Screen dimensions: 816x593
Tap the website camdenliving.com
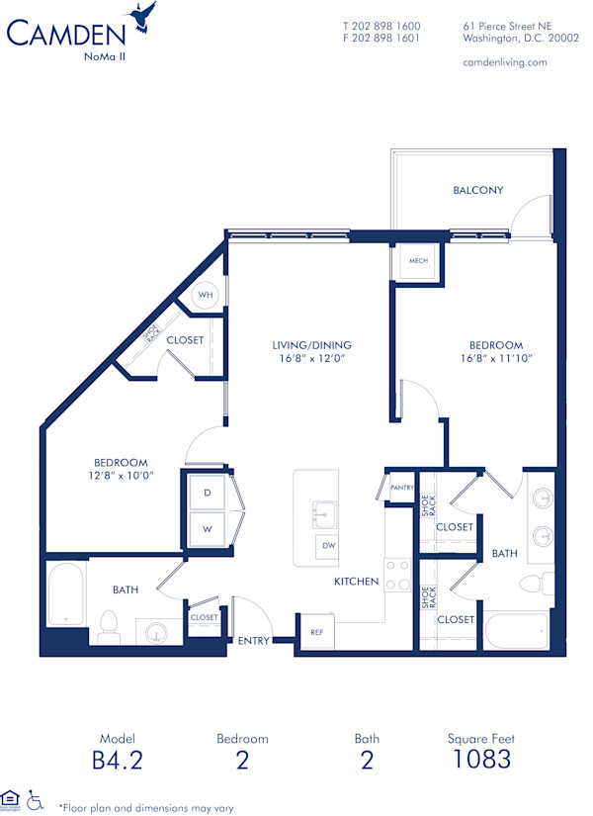pyautogui.click(x=504, y=61)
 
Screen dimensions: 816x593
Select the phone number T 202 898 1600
pyautogui.click(x=381, y=26)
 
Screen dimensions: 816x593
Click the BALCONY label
pyautogui.click(x=478, y=190)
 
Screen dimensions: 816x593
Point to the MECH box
pyautogui.click(x=411, y=264)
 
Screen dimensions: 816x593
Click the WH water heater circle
pyautogui.click(x=206, y=295)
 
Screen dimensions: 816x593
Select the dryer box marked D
pyautogui.click(x=208, y=492)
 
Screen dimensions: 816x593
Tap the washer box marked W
pyautogui.click(x=208, y=529)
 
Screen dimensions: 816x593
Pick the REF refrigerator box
pyautogui.click(x=316, y=631)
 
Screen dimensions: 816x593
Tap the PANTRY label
pyautogui.click(x=401, y=488)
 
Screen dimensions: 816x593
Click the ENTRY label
pyautogui.click(x=254, y=641)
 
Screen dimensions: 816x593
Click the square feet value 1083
pyautogui.click(x=483, y=760)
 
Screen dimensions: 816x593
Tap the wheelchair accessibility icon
pyautogui.click(x=36, y=798)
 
